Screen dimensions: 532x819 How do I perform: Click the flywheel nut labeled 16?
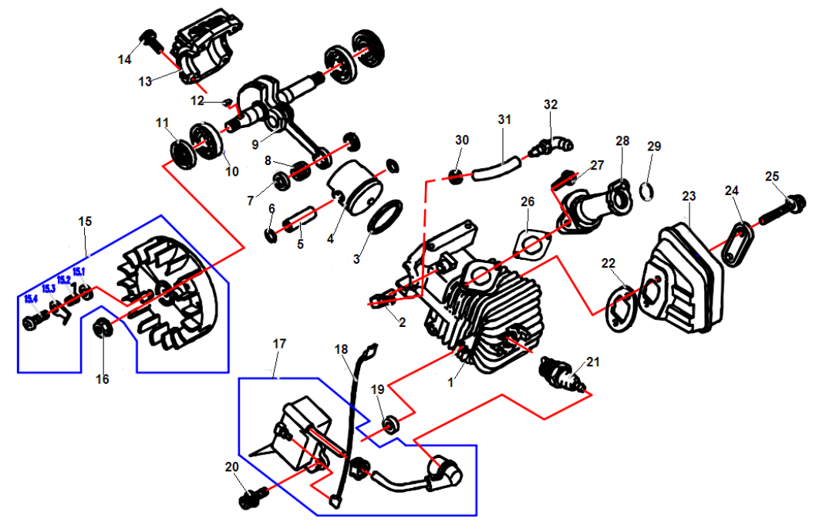coord(102,329)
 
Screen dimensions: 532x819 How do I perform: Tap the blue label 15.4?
coord(32,298)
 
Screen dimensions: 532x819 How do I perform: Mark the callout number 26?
coord(527,201)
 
